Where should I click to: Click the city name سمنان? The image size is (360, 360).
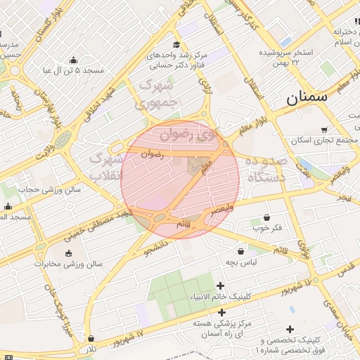pyautogui.click(x=308, y=98)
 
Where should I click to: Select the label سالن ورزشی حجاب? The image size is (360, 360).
pyautogui.click(x=51, y=189)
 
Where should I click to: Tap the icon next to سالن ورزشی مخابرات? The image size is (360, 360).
pyautogui.click(x=68, y=253)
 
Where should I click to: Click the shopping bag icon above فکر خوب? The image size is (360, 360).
pyautogui.click(x=266, y=217)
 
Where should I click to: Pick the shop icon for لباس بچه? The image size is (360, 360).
pyautogui.click(x=241, y=250)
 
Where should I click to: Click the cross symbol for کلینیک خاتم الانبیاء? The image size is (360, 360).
pyautogui.click(x=221, y=285)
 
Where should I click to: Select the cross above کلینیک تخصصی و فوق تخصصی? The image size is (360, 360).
pyautogui.click(x=290, y=328)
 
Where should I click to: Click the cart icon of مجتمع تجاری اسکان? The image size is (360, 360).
pyautogui.click(x=323, y=129)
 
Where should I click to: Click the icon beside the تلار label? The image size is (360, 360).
pyautogui.click(x=90, y=339)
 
